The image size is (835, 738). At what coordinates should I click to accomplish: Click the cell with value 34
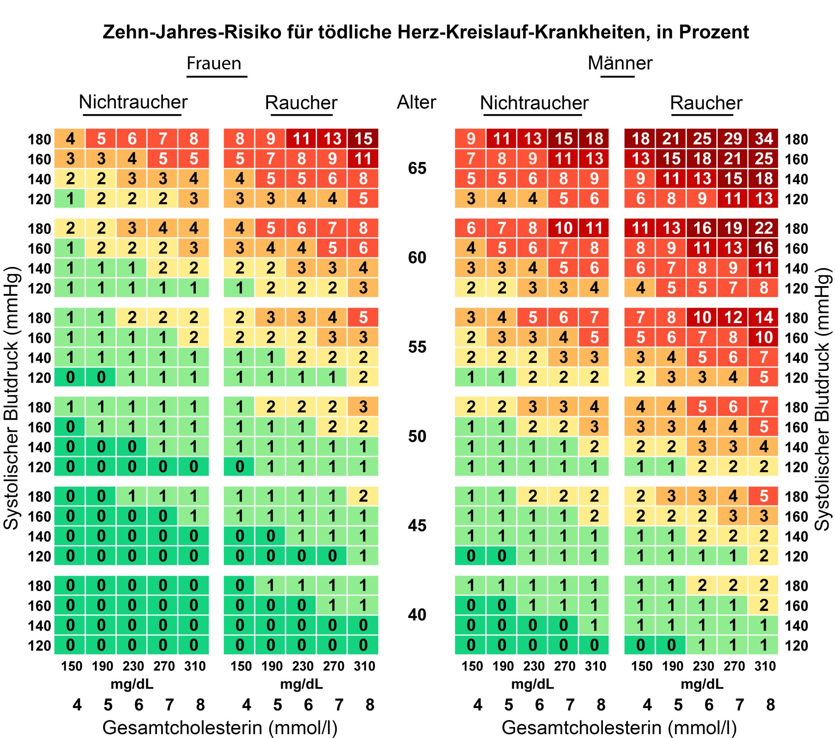[x=764, y=139]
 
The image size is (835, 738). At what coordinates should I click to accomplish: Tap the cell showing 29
[x=733, y=139]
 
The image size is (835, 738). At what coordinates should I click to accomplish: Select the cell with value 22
[x=764, y=228]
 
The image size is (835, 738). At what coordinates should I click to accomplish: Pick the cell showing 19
[x=733, y=228]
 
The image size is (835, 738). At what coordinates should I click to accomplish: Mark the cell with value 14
[x=764, y=317]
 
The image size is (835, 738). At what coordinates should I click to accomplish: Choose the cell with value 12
[x=733, y=317]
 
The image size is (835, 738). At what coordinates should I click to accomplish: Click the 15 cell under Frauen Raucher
[x=363, y=139]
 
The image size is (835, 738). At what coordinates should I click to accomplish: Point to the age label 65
[x=417, y=168]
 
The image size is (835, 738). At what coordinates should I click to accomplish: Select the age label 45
[x=417, y=525]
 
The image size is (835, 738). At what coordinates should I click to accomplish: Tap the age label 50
[x=417, y=436]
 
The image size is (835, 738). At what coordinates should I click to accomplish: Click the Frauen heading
[x=214, y=63]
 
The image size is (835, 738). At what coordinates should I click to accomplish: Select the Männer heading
[x=620, y=63]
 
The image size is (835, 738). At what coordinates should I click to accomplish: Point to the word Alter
[x=416, y=102]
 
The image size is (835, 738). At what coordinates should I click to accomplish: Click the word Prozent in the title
[x=714, y=32]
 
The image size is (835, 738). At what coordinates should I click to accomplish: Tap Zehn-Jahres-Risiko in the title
[x=192, y=32]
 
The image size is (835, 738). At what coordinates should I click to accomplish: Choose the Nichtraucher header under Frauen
[x=133, y=102]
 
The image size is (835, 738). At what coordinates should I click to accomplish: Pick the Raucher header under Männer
[x=706, y=103]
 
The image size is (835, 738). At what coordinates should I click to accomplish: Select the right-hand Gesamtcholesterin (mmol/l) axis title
[x=619, y=727]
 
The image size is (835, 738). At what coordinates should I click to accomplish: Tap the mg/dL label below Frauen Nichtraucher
[x=132, y=684]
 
